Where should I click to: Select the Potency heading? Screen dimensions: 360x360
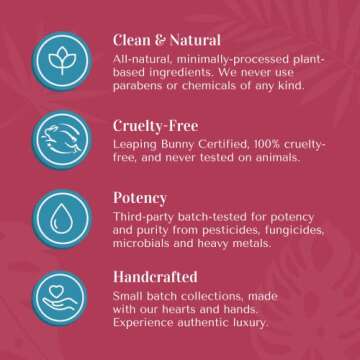pos(141,199)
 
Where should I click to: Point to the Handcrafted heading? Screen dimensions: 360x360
pos(155,275)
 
